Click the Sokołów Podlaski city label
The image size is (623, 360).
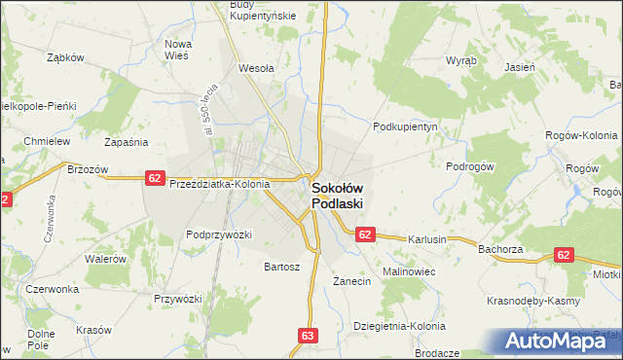337,196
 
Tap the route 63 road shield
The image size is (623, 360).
308,336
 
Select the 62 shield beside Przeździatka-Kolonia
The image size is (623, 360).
155,177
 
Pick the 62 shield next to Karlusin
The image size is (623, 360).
365,234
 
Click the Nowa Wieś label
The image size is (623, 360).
178,50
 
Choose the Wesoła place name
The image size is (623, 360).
256,69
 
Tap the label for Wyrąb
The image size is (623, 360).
461,59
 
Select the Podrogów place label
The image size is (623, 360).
471,166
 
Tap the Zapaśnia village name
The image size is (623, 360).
126,141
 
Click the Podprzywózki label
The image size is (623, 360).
219,234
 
